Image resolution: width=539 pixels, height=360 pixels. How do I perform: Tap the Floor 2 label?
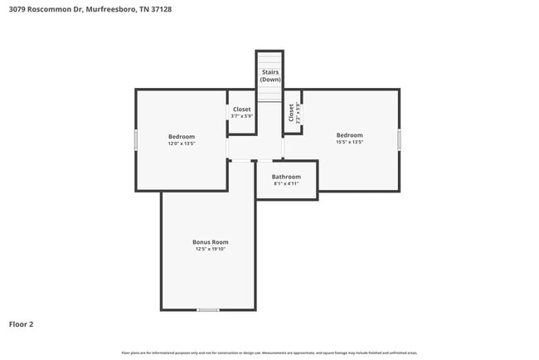[21, 324]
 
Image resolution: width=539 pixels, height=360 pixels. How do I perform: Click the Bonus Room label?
[210, 242]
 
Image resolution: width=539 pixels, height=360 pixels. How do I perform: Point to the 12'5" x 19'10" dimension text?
[210, 250]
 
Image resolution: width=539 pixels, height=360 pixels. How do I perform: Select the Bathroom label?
[286, 177]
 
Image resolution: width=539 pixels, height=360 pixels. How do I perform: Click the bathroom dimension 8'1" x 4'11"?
[286, 184]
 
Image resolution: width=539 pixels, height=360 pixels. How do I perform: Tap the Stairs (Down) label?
[270, 75]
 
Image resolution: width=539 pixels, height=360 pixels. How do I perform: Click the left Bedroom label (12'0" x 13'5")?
[181, 137]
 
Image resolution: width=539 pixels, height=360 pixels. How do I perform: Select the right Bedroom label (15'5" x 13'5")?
[349, 135]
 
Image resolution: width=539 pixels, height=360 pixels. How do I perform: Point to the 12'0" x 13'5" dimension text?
[181, 144]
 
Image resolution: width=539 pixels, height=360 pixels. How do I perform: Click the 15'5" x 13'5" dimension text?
[349, 143]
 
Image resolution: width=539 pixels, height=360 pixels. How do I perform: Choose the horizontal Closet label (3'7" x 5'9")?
[241, 109]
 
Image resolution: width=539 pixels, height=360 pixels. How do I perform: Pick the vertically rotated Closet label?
[291, 113]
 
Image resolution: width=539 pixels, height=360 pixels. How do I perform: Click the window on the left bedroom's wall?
[136, 139]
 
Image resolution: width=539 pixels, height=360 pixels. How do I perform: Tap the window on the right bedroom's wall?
[399, 139]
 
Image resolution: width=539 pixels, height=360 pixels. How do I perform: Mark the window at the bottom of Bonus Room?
[208, 309]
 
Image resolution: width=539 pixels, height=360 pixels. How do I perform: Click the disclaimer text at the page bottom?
[269, 353]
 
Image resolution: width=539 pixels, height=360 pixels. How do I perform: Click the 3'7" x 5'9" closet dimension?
[241, 116]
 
